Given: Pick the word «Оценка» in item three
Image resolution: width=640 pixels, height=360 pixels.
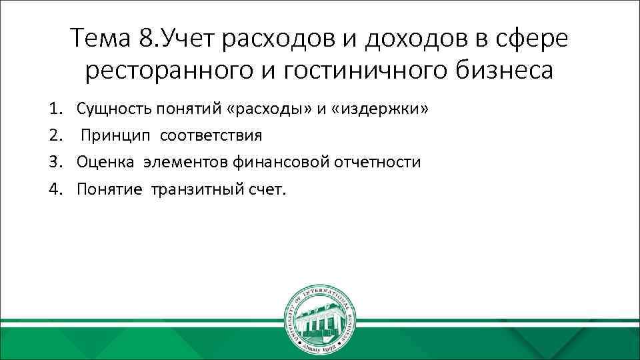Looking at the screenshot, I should click(x=106, y=162).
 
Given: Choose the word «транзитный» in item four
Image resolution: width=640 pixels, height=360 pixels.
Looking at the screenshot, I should click(x=192, y=189).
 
